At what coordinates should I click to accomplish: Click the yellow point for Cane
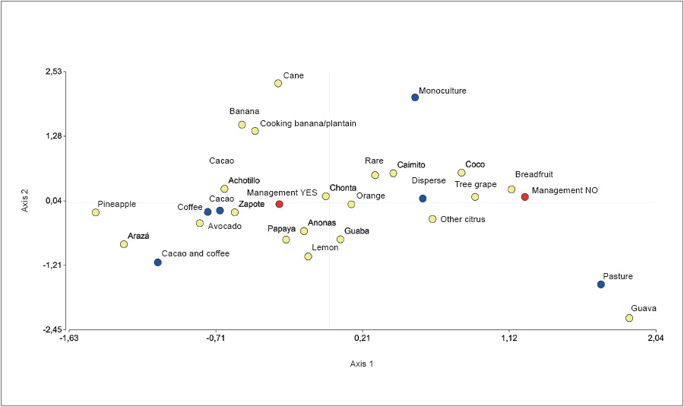[278, 84]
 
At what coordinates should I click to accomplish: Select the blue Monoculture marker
[415, 97]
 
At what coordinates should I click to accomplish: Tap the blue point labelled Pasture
[600, 285]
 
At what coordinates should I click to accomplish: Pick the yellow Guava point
[629, 318]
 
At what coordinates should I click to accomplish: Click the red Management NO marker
[524, 197]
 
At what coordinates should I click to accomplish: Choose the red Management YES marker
[279, 204]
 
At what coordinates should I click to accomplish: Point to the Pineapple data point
[96, 212]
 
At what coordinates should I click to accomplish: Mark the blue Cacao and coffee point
[157, 262]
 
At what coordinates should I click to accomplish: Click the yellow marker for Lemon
[308, 256]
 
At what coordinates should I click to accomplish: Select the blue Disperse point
[423, 199]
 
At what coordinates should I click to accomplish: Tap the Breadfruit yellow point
[511, 189]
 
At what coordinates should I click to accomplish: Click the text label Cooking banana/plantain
[308, 123]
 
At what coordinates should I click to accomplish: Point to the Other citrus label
[462, 219]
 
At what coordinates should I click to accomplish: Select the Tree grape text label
[475, 184]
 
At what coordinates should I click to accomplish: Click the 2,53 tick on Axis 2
[53, 72]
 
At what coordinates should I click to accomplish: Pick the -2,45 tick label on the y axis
[52, 330]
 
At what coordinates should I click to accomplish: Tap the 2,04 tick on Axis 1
[655, 340]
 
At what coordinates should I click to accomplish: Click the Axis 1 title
[361, 364]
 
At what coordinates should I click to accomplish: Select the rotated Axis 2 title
[25, 200]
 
